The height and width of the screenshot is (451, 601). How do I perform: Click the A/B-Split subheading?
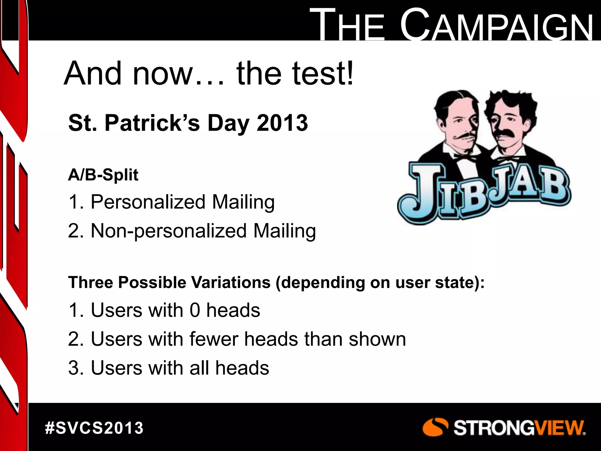click(x=103, y=175)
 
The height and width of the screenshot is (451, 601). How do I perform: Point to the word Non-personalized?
click(x=169, y=231)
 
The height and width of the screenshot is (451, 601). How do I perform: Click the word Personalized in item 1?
click(x=148, y=202)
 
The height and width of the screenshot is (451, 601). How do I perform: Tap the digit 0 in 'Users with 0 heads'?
click(x=195, y=310)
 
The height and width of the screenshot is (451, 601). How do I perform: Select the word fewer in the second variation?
click(x=214, y=339)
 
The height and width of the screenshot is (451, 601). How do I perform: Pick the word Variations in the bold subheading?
click(x=231, y=282)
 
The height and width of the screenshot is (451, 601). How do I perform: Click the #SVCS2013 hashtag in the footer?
click(x=94, y=428)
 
